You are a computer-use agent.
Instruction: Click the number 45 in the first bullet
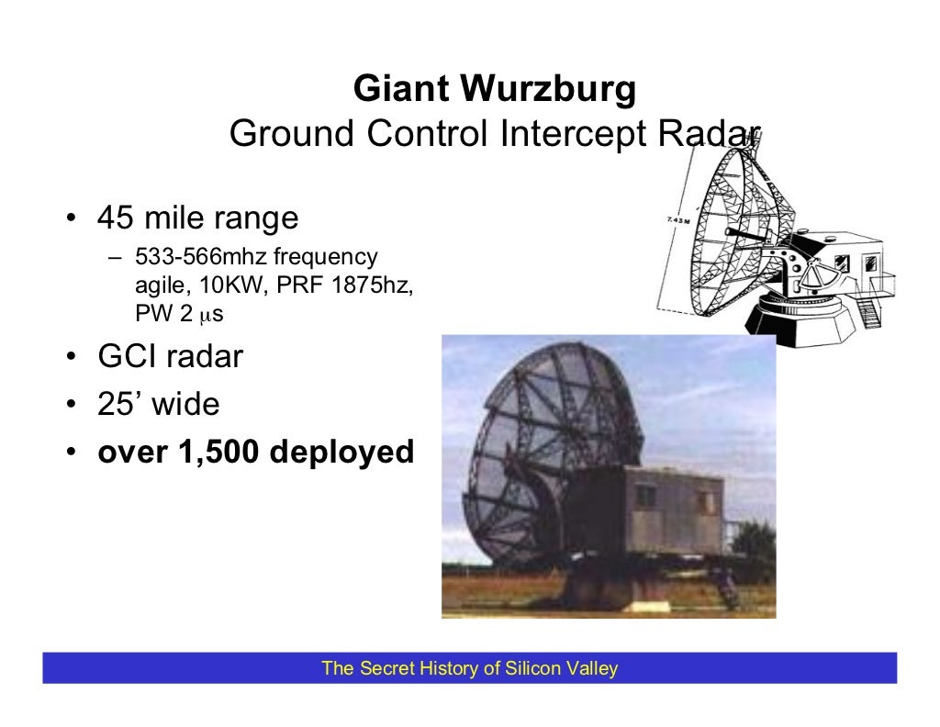(116, 218)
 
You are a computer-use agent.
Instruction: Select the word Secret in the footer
(386, 668)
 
